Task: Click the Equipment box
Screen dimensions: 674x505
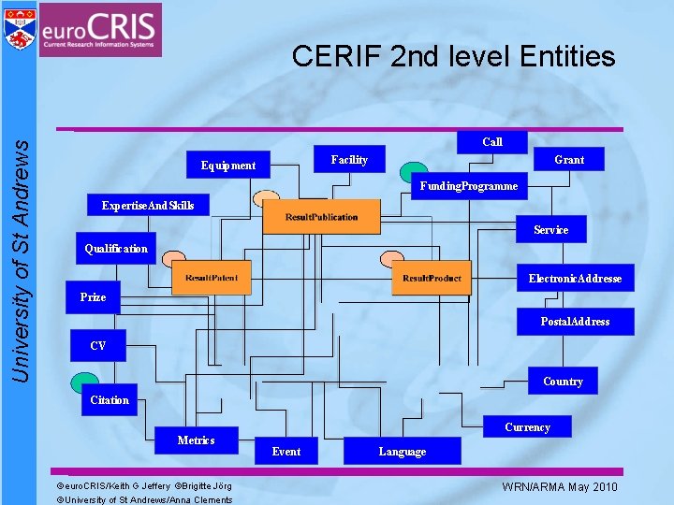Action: (x=228, y=166)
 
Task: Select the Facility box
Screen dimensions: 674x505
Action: (x=349, y=160)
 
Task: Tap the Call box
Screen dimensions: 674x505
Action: (x=492, y=142)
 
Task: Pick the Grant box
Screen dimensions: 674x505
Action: (x=568, y=160)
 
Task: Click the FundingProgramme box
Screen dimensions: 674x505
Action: (x=468, y=186)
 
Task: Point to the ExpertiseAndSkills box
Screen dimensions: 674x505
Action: (x=148, y=206)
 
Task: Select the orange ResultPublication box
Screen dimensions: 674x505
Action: (x=322, y=217)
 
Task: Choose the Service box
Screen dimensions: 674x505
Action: (x=550, y=229)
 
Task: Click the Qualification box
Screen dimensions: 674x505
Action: (x=116, y=249)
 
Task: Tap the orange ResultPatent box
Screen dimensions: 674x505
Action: (x=212, y=278)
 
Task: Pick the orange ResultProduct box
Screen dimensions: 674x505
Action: (x=432, y=278)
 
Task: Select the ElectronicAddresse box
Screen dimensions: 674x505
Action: (x=575, y=279)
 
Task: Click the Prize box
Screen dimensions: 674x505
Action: (x=93, y=296)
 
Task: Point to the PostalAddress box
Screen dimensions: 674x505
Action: (x=575, y=322)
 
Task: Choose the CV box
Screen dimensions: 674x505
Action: (x=98, y=345)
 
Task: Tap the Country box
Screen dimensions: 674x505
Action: (x=563, y=382)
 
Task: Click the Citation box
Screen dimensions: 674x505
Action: (x=110, y=400)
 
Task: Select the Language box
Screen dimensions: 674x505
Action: (x=403, y=451)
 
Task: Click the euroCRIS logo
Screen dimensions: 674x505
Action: (x=100, y=29)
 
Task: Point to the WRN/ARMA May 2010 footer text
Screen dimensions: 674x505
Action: (x=560, y=487)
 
